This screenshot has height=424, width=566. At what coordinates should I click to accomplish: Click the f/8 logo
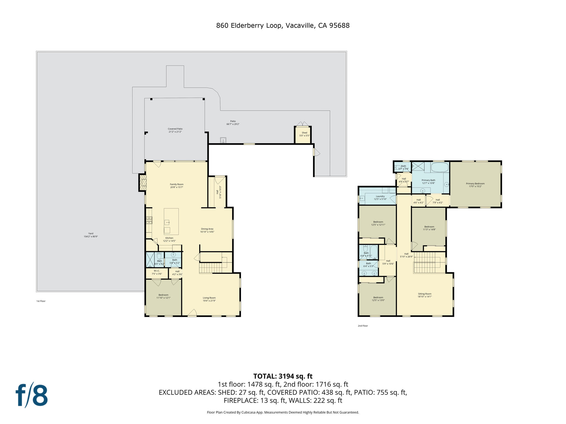(32, 395)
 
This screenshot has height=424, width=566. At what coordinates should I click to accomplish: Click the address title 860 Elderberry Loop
(282, 26)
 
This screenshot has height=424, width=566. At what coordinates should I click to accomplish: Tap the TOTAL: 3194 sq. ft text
(283, 376)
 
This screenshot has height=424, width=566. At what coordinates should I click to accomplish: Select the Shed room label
(304, 134)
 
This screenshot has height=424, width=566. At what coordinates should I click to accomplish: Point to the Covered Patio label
(175, 130)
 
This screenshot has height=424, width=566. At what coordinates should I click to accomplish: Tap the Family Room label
(177, 186)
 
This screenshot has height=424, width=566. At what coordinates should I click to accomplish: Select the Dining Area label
(207, 230)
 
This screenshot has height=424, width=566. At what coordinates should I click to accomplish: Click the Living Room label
(209, 299)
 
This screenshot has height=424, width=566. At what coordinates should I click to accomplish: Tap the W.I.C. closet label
(157, 272)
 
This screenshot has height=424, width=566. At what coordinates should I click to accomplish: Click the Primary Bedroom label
(475, 185)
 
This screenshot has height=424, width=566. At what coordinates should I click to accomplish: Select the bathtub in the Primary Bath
(440, 167)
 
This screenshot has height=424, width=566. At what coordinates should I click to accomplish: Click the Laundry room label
(380, 198)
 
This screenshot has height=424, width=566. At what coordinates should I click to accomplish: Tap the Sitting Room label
(424, 295)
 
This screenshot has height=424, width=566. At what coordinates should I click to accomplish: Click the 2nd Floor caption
(363, 326)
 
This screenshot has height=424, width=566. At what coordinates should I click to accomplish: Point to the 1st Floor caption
(41, 301)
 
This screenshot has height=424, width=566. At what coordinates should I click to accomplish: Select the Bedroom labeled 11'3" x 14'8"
(429, 228)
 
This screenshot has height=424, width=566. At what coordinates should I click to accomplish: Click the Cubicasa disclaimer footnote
(283, 412)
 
